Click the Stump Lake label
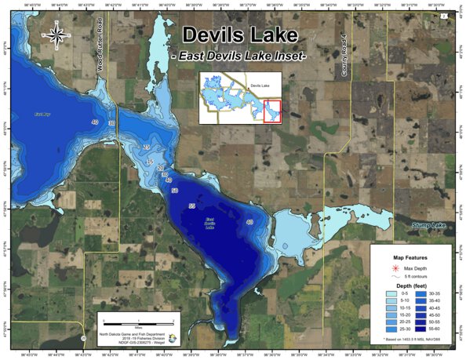[x=432, y=227]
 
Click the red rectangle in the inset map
[x=272, y=112]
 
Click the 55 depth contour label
[x=192, y=205]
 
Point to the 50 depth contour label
[x=174, y=191]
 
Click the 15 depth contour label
[x=151, y=162]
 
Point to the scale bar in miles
[x=138, y=320]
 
